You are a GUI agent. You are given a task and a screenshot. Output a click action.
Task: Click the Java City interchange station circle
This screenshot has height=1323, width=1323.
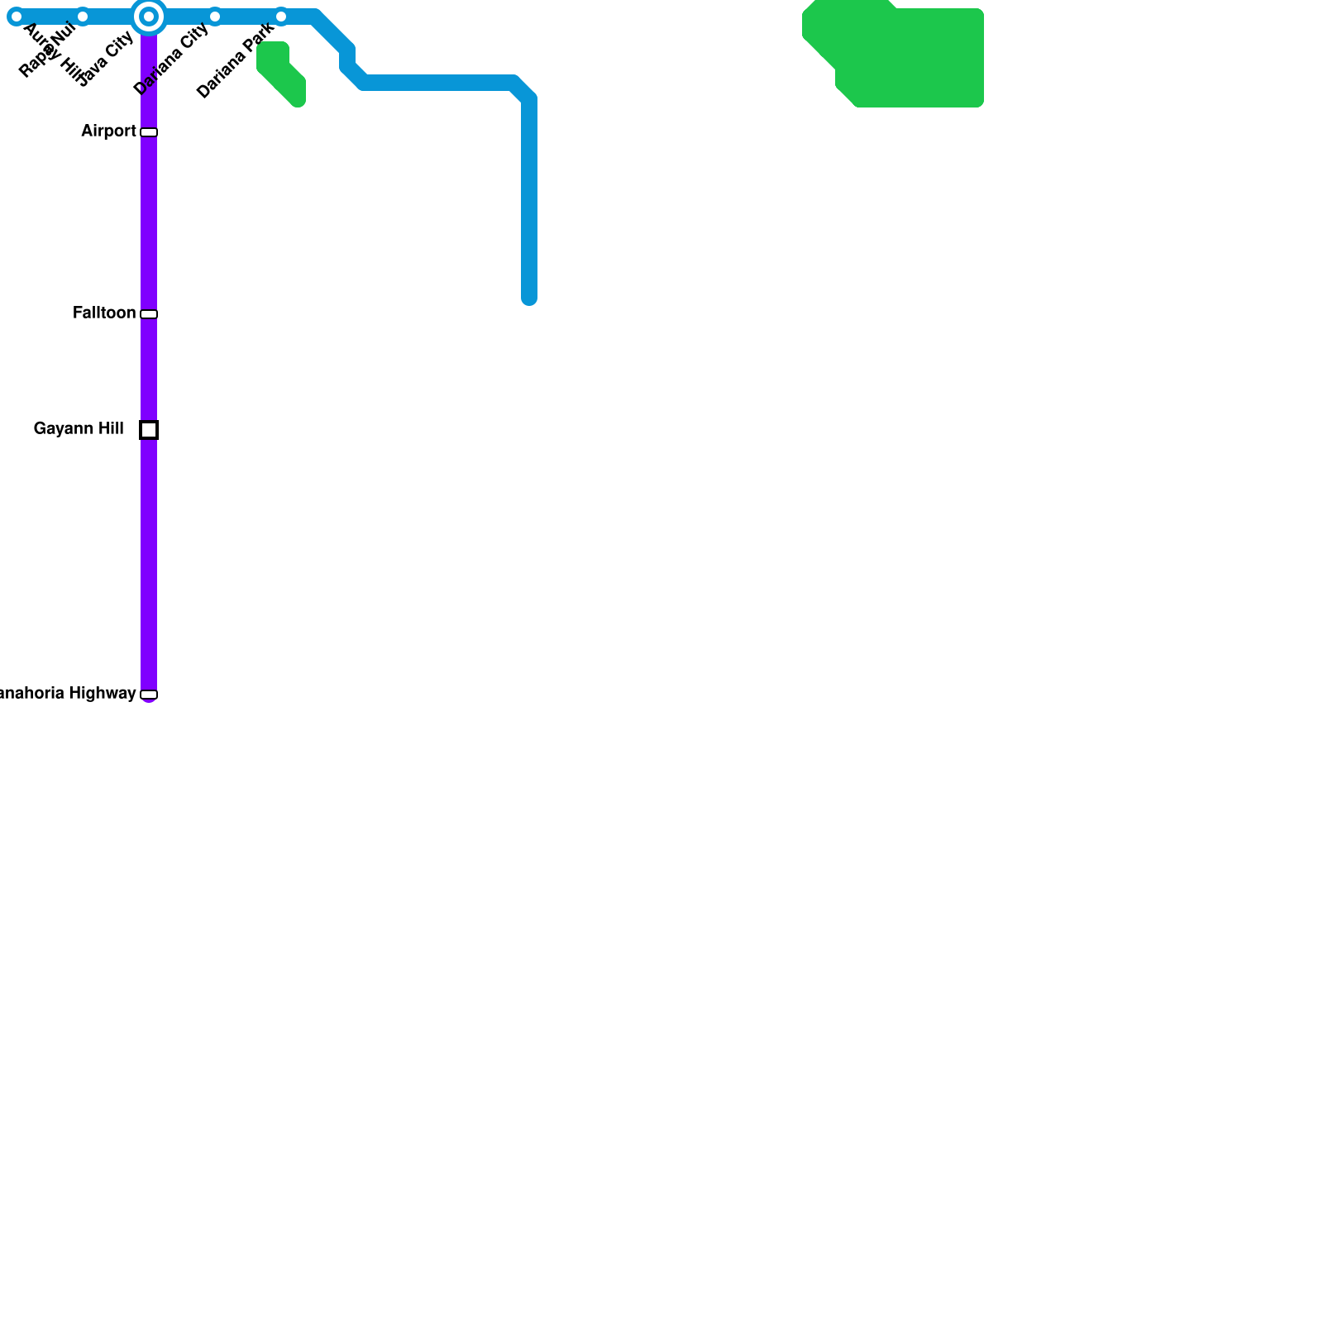click(x=149, y=17)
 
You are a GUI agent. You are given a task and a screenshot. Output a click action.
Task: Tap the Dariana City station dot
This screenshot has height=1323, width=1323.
click(x=215, y=17)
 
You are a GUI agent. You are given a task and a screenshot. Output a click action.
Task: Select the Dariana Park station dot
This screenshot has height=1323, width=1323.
click(x=281, y=17)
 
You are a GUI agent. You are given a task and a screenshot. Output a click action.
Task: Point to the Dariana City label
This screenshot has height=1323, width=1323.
click(x=170, y=60)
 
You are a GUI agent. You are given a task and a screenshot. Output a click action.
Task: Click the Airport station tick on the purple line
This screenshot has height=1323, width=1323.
click(x=149, y=132)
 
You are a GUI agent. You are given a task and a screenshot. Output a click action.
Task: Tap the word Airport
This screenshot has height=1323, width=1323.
click(x=108, y=131)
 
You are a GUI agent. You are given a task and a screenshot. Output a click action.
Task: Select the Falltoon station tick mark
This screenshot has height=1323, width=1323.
click(x=149, y=314)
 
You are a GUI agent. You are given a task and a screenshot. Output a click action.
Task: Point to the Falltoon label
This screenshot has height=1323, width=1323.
click(x=104, y=313)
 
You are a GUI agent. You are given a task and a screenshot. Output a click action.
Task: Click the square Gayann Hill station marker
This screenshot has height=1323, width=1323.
click(x=149, y=430)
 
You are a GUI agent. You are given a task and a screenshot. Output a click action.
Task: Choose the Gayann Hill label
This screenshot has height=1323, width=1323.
click(x=79, y=429)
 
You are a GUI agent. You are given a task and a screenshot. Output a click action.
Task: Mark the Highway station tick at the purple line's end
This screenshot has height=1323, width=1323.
click(x=149, y=695)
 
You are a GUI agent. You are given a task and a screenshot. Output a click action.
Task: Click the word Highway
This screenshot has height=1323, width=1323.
click(x=103, y=694)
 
